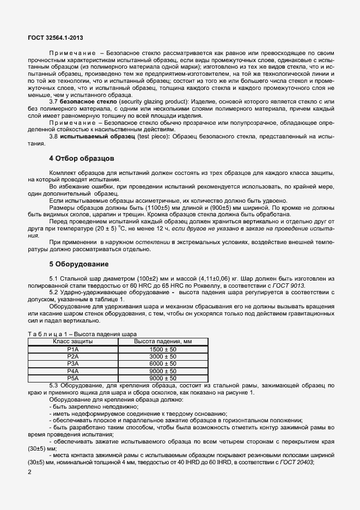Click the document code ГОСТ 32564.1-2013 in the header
(56, 38)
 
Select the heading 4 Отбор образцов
(82, 159)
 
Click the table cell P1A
(73, 349)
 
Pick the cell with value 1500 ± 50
(163, 349)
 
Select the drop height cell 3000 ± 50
(163, 356)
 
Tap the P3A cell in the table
(73, 363)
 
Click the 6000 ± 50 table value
(163, 363)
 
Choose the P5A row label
(73, 378)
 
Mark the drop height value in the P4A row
(163, 371)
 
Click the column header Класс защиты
(73, 341)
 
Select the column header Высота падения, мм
(163, 341)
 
